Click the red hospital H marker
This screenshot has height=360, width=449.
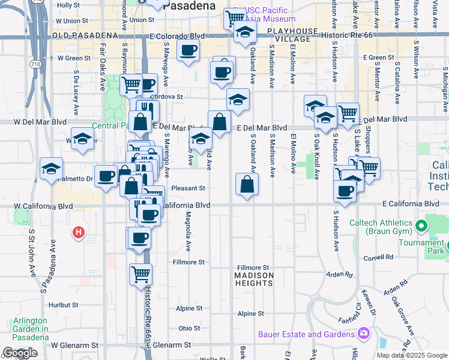tap(78, 232)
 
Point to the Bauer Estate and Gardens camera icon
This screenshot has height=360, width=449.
tap(363, 334)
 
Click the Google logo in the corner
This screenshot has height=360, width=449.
tap(20, 353)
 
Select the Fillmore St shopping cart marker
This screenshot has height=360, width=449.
tap(140, 275)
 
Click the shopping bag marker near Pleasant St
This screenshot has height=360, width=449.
tap(247, 184)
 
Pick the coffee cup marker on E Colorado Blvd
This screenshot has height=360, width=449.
tap(188, 51)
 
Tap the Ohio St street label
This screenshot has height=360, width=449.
tap(189, 328)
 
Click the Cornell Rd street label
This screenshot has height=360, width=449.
tap(381, 257)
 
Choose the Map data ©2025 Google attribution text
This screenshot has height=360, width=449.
tap(412, 355)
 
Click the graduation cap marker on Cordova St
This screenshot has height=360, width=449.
tap(238, 99)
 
